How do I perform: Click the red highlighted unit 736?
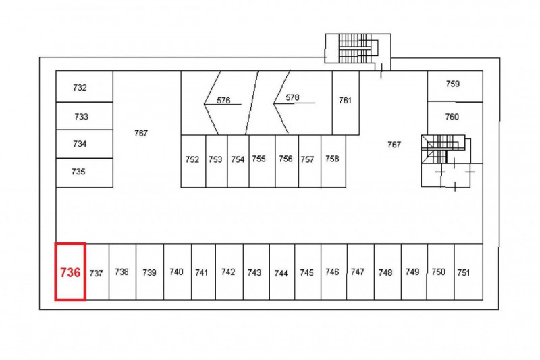pyautogui.click(x=70, y=272)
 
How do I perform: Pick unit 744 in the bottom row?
pyautogui.click(x=281, y=272)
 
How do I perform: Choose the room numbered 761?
pyautogui.click(x=345, y=101)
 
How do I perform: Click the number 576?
pyautogui.click(x=224, y=101)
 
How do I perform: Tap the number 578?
pyautogui.click(x=292, y=97)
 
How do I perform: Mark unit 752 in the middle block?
pyautogui.click(x=192, y=161)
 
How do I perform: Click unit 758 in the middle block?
pyautogui.click(x=332, y=160)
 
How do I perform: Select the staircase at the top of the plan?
pyautogui.click(x=351, y=49)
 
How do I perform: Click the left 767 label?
pyautogui.click(x=140, y=133)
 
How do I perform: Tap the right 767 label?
pyautogui.click(x=394, y=144)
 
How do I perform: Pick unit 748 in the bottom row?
pyautogui.click(x=386, y=272)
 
